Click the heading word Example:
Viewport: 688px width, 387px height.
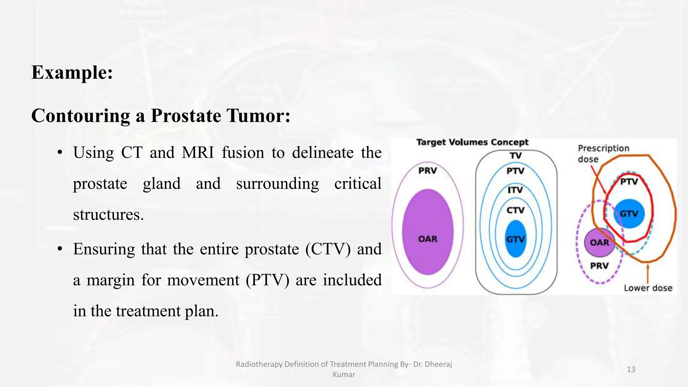[x=72, y=73]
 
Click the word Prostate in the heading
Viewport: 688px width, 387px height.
[x=186, y=116]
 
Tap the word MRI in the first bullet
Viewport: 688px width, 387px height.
[x=198, y=153]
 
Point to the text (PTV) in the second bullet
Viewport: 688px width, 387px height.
[x=267, y=280]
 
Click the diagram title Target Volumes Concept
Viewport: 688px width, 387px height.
[x=472, y=142]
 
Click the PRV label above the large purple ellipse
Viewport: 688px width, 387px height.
[x=427, y=171]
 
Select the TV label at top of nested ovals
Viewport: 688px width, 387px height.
[x=516, y=156]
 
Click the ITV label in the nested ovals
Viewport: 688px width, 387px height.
[x=515, y=190]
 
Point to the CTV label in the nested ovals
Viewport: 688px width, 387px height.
[x=515, y=211]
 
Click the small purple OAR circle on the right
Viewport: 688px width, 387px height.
[x=599, y=243]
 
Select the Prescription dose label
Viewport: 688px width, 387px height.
[x=603, y=154]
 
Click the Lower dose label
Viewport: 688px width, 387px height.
[x=648, y=288]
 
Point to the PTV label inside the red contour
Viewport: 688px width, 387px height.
[x=629, y=182]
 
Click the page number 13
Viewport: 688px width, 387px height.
[x=631, y=370]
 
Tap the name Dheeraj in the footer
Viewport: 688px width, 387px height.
[x=440, y=364]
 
